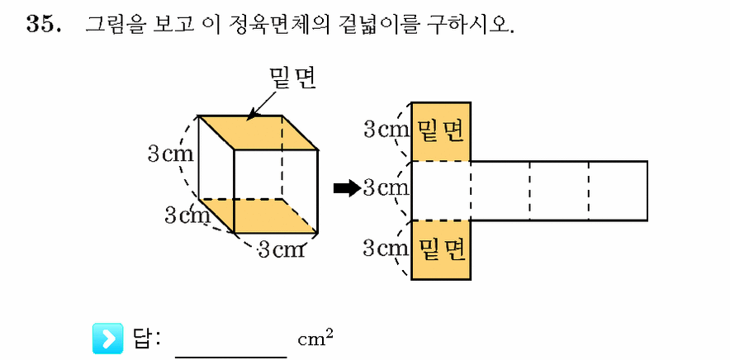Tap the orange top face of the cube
click(258, 132)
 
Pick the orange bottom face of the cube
click(258, 216)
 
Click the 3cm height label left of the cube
click(170, 154)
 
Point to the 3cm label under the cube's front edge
click(282, 250)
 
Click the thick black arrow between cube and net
click(348, 188)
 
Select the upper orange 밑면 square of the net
click(441, 131)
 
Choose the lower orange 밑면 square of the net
click(441, 250)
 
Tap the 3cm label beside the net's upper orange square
click(386, 130)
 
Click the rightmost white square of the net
click(619, 191)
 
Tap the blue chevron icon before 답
click(108, 338)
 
